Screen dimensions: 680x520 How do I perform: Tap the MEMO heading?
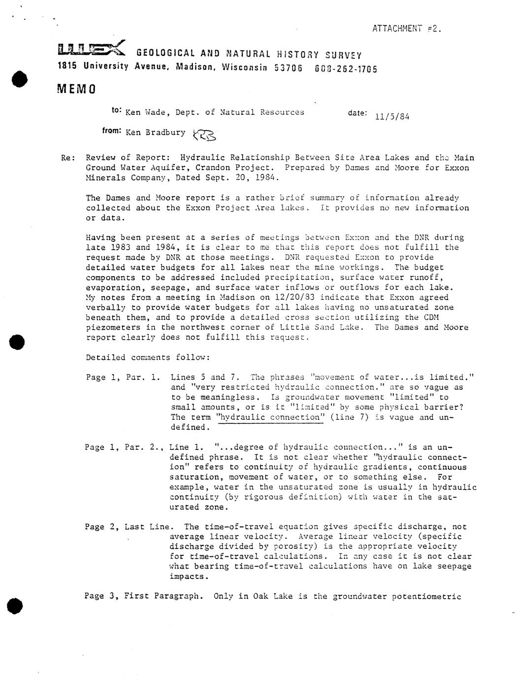point(76,89)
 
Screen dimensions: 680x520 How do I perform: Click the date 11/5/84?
point(392,117)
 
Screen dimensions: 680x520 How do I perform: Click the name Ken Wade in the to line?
point(146,112)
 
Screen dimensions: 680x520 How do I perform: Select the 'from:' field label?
point(112,131)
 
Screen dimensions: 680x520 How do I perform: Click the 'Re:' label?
point(68,158)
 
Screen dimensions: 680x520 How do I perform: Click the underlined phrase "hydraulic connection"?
point(271,417)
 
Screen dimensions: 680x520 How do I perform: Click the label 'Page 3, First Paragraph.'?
point(144,596)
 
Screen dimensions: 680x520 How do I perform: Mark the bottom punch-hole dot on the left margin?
point(18,605)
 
